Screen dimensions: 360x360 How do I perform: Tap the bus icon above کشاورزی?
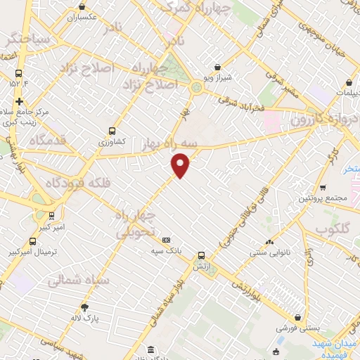pyautogui.click(x=112, y=131)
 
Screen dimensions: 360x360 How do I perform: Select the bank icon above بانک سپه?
pyautogui.click(x=166, y=240)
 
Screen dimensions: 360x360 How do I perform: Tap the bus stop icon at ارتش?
pyautogui.click(x=202, y=255)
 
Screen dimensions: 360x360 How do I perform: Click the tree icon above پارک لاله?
pyautogui.click(x=85, y=307)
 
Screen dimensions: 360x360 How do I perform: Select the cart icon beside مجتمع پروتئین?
pyautogui.click(x=323, y=187)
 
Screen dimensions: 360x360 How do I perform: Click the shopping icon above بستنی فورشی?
pyautogui.click(x=300, y=318)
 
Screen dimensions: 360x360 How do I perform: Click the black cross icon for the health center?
pyautogui.click(x=20, y=101)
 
